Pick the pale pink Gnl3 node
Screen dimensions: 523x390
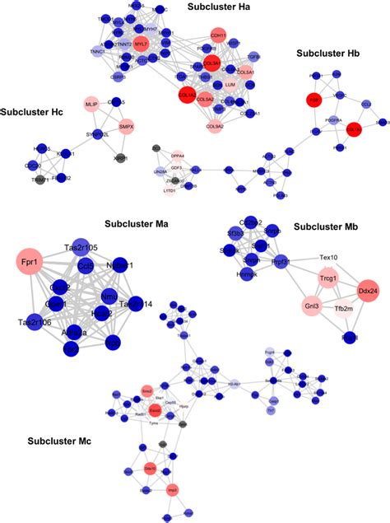point(313,306)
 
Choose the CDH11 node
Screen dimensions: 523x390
point(218,36)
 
